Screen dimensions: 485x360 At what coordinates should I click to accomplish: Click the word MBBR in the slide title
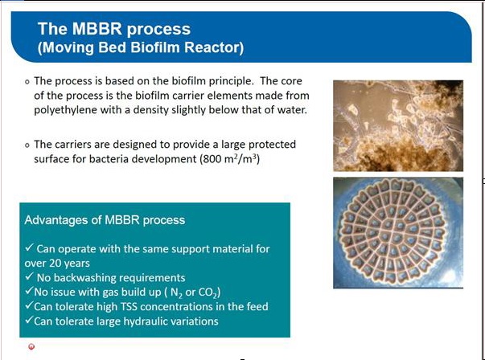coord(97,28)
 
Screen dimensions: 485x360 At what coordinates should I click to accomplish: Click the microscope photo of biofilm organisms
coord(398,126)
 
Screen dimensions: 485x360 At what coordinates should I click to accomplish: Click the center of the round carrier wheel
coord(393,231)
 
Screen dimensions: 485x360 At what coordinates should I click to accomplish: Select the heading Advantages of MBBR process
coord(105,220)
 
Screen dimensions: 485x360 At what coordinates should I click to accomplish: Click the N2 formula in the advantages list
coord(177,292)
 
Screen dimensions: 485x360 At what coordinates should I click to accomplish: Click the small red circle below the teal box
coord(31,346)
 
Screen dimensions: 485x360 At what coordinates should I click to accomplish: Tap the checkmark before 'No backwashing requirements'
coord(30,276)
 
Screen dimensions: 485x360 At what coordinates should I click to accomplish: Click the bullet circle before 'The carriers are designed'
coord(27,145)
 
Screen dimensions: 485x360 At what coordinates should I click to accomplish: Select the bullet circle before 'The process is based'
coord(27,82)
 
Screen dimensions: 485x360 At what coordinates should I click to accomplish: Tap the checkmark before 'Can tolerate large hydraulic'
coord(29,320)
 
